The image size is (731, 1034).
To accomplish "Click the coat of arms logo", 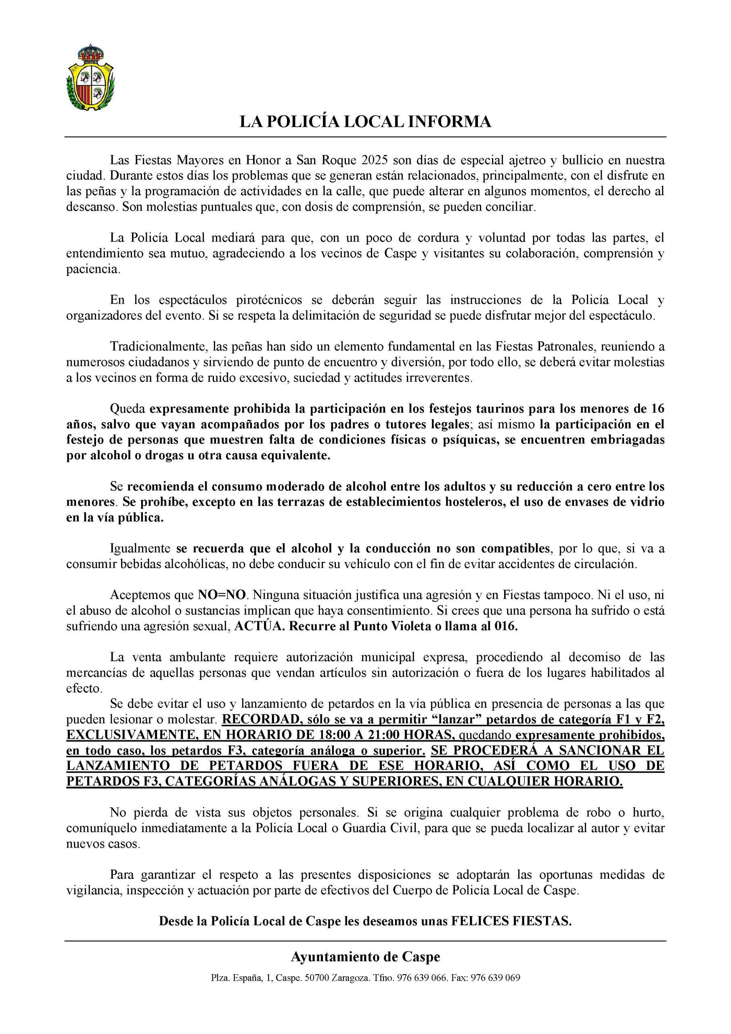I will tap(90, 77).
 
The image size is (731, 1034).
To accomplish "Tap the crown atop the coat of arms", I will tap(90, 53).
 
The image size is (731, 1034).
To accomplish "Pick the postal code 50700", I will tap(316, 978).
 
